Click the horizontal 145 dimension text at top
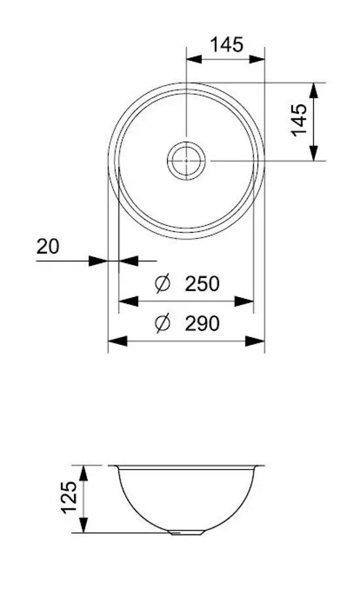tap(226, 45)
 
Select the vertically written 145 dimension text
tap(299, 120)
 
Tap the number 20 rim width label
tap(48, 246)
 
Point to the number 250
tap(202, 284)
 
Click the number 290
tap(202, 323)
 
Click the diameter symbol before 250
tap(162, 284)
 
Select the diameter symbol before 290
tap(162, 323)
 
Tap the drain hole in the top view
tap(187, 160)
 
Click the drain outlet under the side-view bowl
tap(186, 533)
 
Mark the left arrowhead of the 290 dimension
tap(117, 341)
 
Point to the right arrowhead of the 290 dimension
tap(255, 341)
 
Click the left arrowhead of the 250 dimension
tap(128, 301)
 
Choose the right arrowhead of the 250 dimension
tap(244, 301)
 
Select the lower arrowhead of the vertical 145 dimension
tap(314, 151)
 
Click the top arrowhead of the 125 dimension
tap(83, 473)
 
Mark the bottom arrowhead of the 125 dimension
tap(83, 524)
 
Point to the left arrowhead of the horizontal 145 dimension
tap(196, 59)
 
